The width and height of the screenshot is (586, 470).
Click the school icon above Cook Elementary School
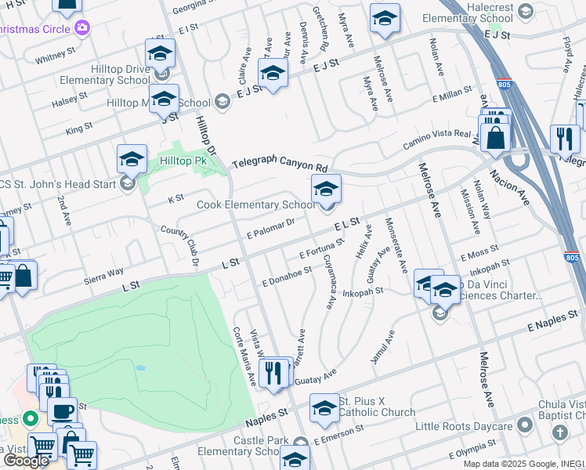click(327, 189)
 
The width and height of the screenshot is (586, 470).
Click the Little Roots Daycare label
click(463, 427)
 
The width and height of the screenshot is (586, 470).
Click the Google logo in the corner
click(25, 461)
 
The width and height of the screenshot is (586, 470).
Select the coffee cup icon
click(63, 410)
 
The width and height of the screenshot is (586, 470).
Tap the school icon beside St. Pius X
click(324, 408)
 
